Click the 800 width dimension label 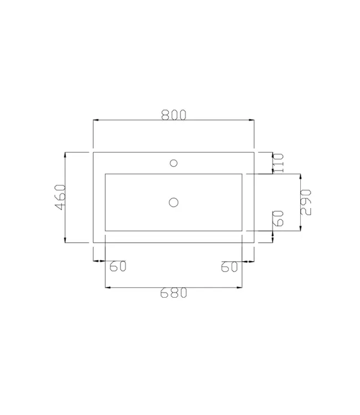click(173, 115)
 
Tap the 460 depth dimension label click(60, 196)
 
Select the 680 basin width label click(173, 293)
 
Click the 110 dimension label click(279, 163)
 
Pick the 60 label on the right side click(279, 218)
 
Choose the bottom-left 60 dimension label click(118, 267)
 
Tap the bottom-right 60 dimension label click(229, 267)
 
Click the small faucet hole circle click(173, 163)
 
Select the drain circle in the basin click(173, 202)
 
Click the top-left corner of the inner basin click(105, 174)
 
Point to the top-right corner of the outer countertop click(254, 152)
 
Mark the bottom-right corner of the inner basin click(243, 230)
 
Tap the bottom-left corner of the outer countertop click(93, 242)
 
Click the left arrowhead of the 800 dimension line click(95, 120)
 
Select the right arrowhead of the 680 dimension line click(241, 287)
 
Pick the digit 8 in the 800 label click(166, 115)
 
